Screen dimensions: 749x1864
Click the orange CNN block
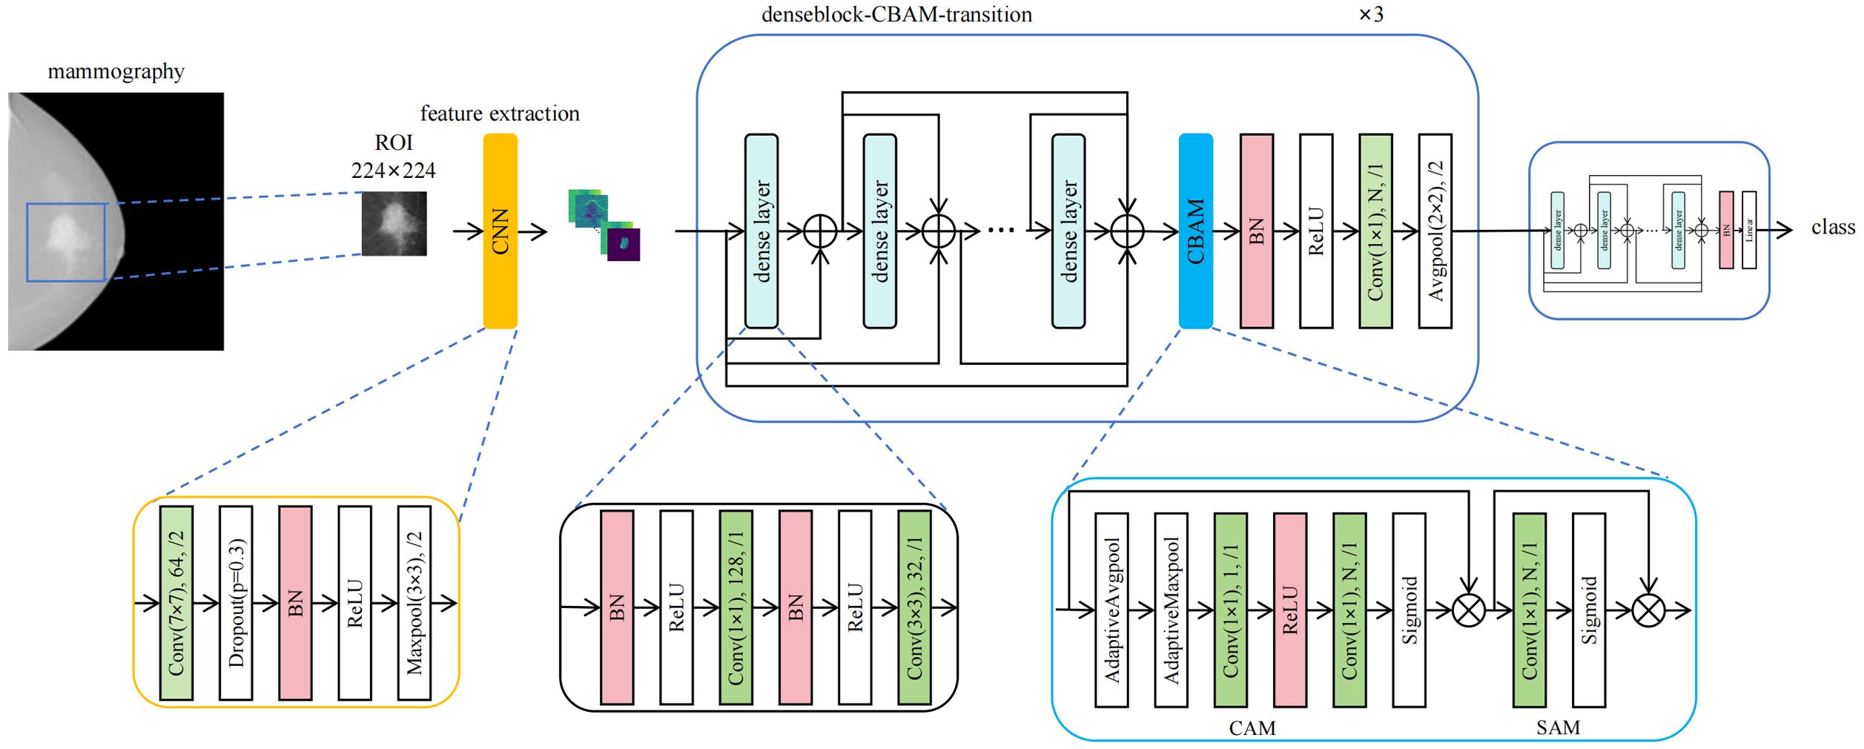coord(500,231)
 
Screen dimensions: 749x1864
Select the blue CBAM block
coord(1195,231)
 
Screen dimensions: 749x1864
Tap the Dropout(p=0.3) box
coord(236,603)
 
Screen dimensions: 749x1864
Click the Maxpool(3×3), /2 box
coord(414,603)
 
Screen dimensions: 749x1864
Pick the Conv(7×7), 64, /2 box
coord(176,603)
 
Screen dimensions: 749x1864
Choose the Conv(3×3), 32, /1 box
coord(913,607)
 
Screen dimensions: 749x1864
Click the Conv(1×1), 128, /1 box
coord(736,607)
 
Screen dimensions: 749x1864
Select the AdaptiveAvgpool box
coord(1111,610)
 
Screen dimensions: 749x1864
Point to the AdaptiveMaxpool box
coord(1171,610)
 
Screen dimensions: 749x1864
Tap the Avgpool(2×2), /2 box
coord(1435,231)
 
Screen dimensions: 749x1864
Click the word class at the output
coord(1832,227)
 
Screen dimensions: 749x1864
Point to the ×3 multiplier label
coord(1370,15)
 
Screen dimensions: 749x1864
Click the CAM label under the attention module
coord(1252,728)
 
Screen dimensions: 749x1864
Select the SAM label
coord(1558,728)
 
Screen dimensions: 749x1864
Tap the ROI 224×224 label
coord(393,156)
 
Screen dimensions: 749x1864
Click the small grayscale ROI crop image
coord(394,223)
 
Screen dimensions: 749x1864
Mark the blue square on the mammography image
coord(66,242)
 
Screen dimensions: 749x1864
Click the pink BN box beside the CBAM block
coord(1256,231)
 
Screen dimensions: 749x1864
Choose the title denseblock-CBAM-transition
coord(896,15)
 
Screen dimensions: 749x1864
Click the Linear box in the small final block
coord(1749,230)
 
